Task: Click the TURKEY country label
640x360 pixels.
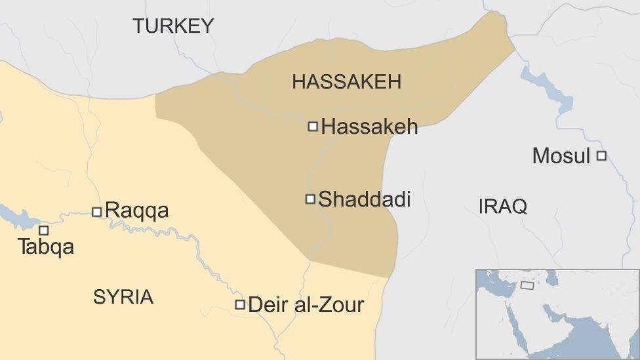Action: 173,26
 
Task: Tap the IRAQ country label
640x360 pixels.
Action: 503,207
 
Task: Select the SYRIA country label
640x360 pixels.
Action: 123,297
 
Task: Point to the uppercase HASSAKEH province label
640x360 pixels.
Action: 346,82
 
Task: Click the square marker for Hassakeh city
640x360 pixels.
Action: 313,126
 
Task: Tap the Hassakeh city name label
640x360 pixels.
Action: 370,127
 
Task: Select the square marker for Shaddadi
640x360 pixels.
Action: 310,199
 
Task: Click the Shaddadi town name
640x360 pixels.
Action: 365,199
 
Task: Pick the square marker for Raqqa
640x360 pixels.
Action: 96,212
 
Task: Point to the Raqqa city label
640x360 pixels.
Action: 137,210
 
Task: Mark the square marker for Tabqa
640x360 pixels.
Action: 44,230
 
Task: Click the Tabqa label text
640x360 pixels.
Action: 46,247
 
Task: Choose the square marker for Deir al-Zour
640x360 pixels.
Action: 240,304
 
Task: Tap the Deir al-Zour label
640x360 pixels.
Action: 306,304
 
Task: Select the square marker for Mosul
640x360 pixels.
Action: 601,155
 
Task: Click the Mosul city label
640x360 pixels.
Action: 561,156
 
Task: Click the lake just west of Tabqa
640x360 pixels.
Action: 16,216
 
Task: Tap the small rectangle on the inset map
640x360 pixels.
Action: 527,285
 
